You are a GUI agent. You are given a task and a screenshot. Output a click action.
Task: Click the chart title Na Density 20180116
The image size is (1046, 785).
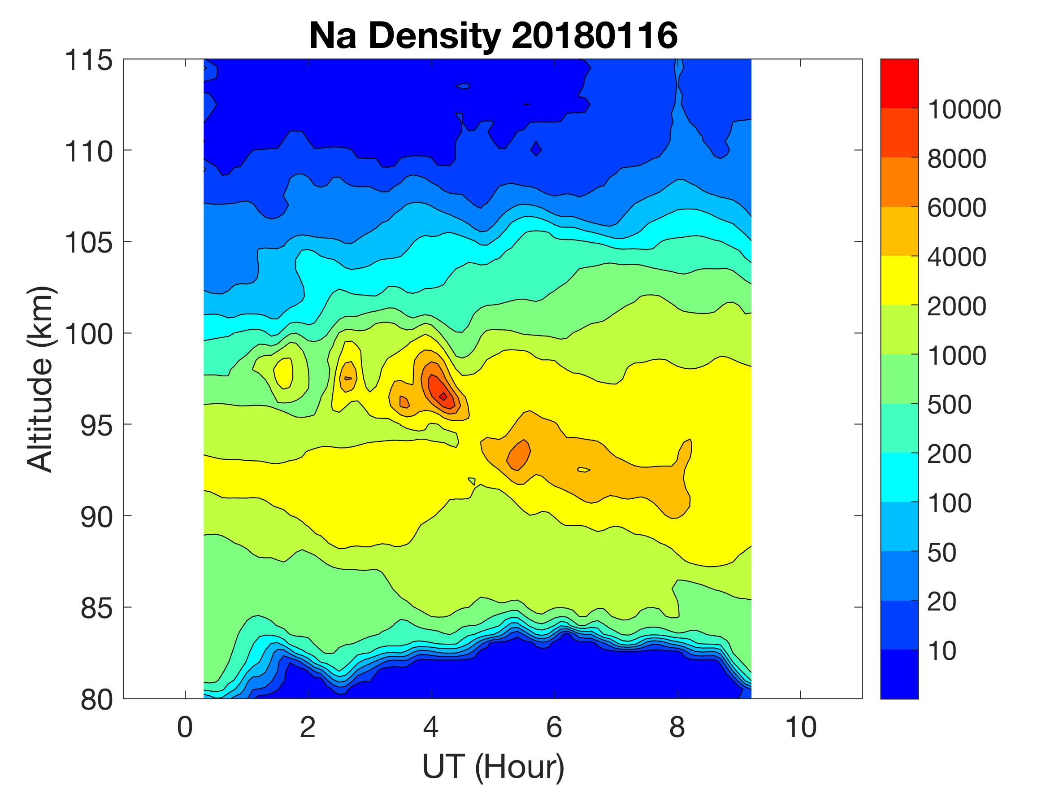point(493,36)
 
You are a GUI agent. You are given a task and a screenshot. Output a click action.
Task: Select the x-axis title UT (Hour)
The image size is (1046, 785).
point(493,766)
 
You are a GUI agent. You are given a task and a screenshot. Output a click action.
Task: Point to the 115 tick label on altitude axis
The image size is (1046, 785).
point(89,61)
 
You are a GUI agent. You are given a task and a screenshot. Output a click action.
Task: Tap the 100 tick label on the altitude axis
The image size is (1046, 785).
point(89,335)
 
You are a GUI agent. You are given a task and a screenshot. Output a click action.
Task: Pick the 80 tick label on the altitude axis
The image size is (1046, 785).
point(96,700)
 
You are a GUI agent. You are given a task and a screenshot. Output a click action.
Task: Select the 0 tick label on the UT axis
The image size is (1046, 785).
point(185,727)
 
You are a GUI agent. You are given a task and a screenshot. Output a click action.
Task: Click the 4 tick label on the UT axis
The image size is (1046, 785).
point(431,727)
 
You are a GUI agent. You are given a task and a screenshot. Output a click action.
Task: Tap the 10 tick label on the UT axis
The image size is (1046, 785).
point(801,727)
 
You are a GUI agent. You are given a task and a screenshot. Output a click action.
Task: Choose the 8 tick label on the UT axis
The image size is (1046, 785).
point(677,727)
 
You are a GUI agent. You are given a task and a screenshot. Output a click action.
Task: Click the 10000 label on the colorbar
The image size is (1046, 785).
point(964,109)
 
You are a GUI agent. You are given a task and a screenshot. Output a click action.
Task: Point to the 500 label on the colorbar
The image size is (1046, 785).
point(949,405)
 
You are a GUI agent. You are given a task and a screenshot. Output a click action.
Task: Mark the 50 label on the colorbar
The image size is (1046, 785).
point(942,552)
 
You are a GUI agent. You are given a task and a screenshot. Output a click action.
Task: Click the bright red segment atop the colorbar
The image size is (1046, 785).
point(899,83)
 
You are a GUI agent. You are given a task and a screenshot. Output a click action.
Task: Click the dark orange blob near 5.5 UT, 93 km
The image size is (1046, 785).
point(519,455)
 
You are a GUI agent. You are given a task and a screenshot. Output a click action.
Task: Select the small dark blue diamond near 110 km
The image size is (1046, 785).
point(536,149)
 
